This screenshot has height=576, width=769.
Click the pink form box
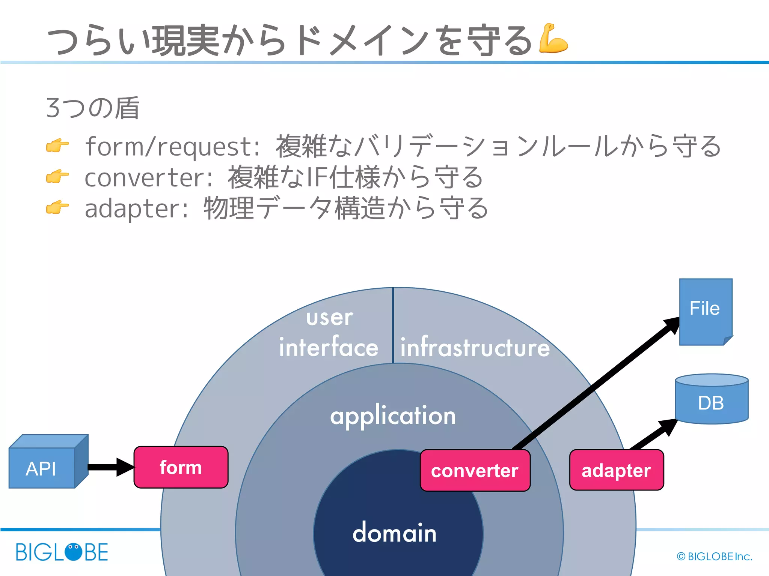click(x=181, y=467)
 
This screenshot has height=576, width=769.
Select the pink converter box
click(x=475, y=471)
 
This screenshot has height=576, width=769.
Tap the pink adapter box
click(x=616, y=470)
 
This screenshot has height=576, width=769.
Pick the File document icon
click(x=705, y=311)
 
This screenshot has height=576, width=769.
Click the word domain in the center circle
click(x=394, y=533)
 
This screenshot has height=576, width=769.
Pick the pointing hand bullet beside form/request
click(x=57, y=145)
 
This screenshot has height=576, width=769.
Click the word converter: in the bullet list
click(x=149, y=177)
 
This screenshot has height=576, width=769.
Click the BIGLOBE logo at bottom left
click(x=62, y=552)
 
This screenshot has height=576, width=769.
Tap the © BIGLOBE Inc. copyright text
click(x=714, y=556)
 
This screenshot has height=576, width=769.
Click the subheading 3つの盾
click(x=92, y=108)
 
